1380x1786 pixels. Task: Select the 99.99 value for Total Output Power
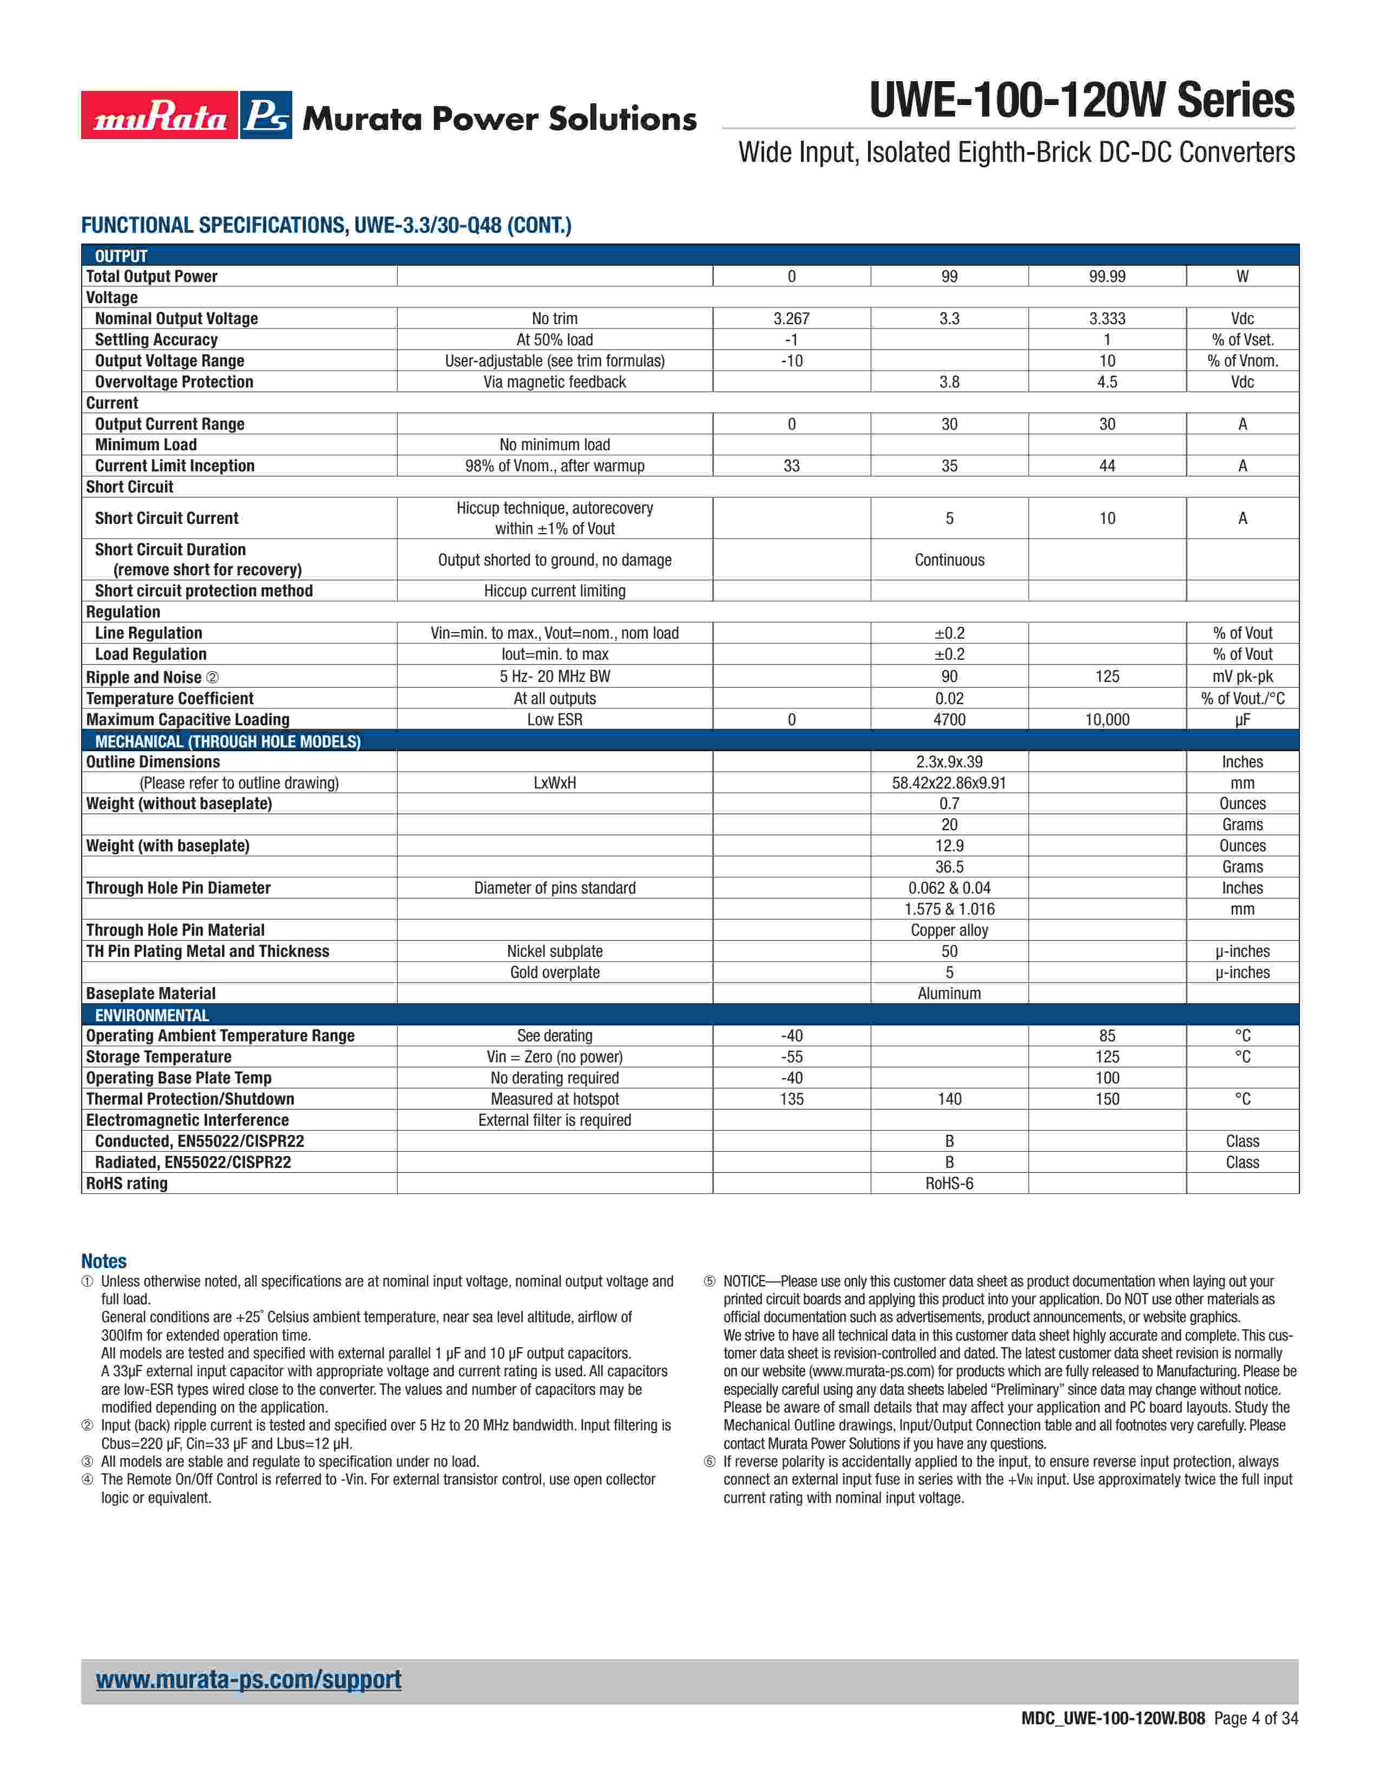pos(1107,277)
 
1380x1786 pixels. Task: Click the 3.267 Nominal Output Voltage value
pos(791,319)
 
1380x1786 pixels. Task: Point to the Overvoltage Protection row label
pos(174,382)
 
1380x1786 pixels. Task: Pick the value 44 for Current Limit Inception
pos(1107,466)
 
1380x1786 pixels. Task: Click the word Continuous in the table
pos(949,560)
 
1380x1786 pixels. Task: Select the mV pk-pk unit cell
pos(1242,677)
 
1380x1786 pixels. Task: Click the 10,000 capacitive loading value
pos(1107,720)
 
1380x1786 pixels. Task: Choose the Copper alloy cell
pos(949,931)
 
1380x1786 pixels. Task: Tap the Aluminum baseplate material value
pos(949,994)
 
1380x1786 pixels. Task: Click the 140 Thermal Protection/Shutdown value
pos(949,1099)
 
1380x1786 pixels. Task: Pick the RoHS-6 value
pos(949,1183)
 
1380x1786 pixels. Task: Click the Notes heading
pos(104,1261)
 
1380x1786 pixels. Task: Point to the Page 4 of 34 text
pos(1256,1718)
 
